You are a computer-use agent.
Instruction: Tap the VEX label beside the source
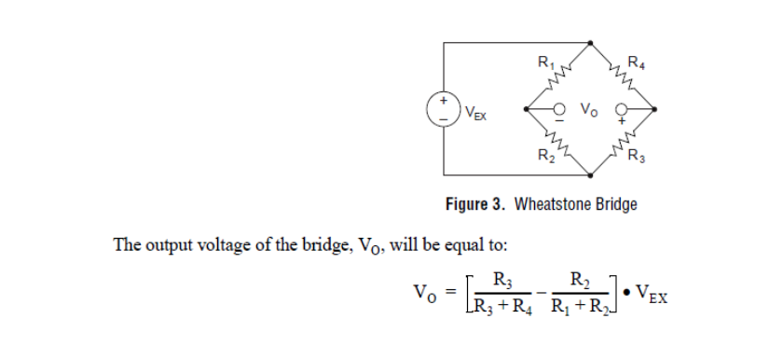(x=475, y=116)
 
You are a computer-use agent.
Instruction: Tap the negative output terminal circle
(x=561, y=108)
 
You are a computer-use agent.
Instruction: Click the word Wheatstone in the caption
(x=556, y=203)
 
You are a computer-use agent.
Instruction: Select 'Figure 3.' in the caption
(x=476, y=203)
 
